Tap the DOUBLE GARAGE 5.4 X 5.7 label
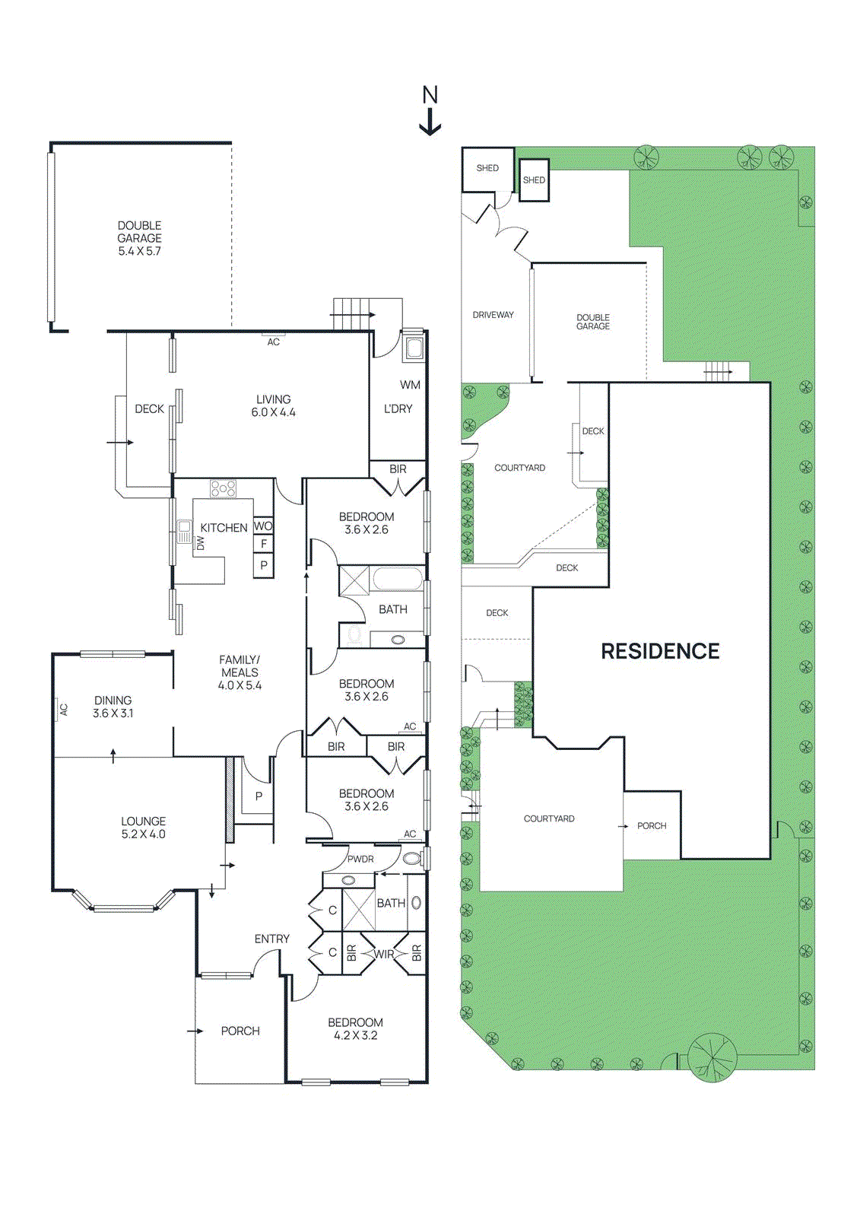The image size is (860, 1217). click(139, 238)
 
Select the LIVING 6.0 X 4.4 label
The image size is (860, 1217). click(273, 405)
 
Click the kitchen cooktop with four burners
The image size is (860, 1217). click(224, 488)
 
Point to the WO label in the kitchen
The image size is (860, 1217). click(263, 526)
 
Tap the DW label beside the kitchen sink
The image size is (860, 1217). click(201, 543)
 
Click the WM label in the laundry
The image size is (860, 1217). click(410, 385)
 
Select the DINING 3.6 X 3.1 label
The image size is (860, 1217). click(113, 707)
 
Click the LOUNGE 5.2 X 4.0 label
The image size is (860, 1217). click(143, 828)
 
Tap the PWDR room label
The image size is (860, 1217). click(360, 859)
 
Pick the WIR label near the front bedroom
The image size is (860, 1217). click(384, 954)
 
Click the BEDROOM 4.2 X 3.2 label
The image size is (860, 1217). click(355, 1028)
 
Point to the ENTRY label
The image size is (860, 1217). click(271, 939)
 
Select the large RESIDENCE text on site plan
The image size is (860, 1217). click(660, 651)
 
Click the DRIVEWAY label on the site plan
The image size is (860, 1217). click(493, 315)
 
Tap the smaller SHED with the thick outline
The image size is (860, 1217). click(534, 180)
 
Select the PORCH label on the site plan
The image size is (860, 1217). click(652, 825)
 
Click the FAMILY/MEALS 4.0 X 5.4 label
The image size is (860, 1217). click(240, 672)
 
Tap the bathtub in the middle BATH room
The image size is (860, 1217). click(397, 579)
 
